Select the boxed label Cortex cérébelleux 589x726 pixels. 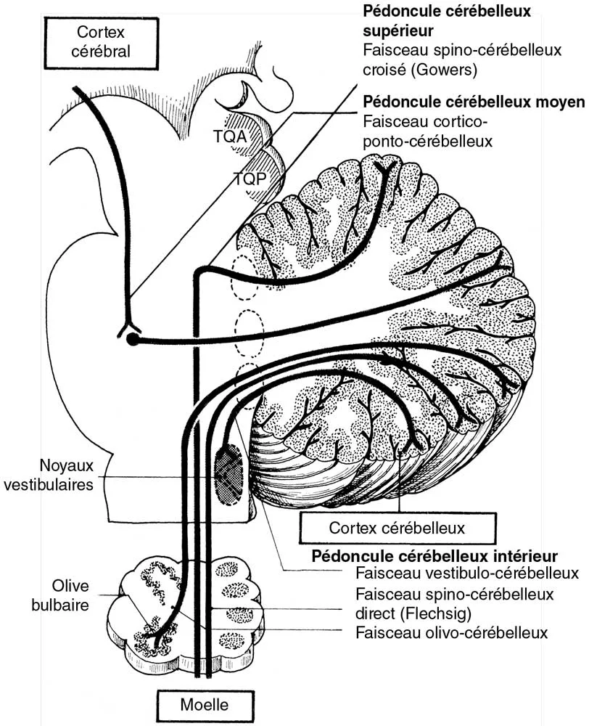[397, 528]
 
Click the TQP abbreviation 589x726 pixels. [249, 177]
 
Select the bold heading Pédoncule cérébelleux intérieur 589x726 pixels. [434, 556]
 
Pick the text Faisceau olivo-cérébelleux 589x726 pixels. [451, 632]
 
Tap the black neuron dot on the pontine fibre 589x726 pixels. [132, 339]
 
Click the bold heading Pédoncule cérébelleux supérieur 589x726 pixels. [446, 21]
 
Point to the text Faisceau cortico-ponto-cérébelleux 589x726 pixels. [427, 131]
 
